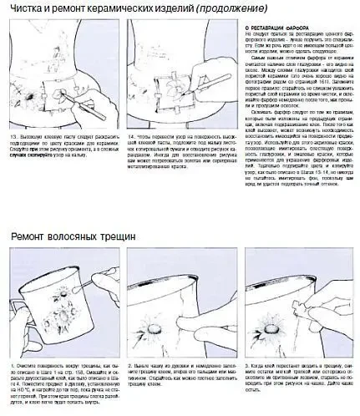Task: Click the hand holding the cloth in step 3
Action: [x=326, y=322]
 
